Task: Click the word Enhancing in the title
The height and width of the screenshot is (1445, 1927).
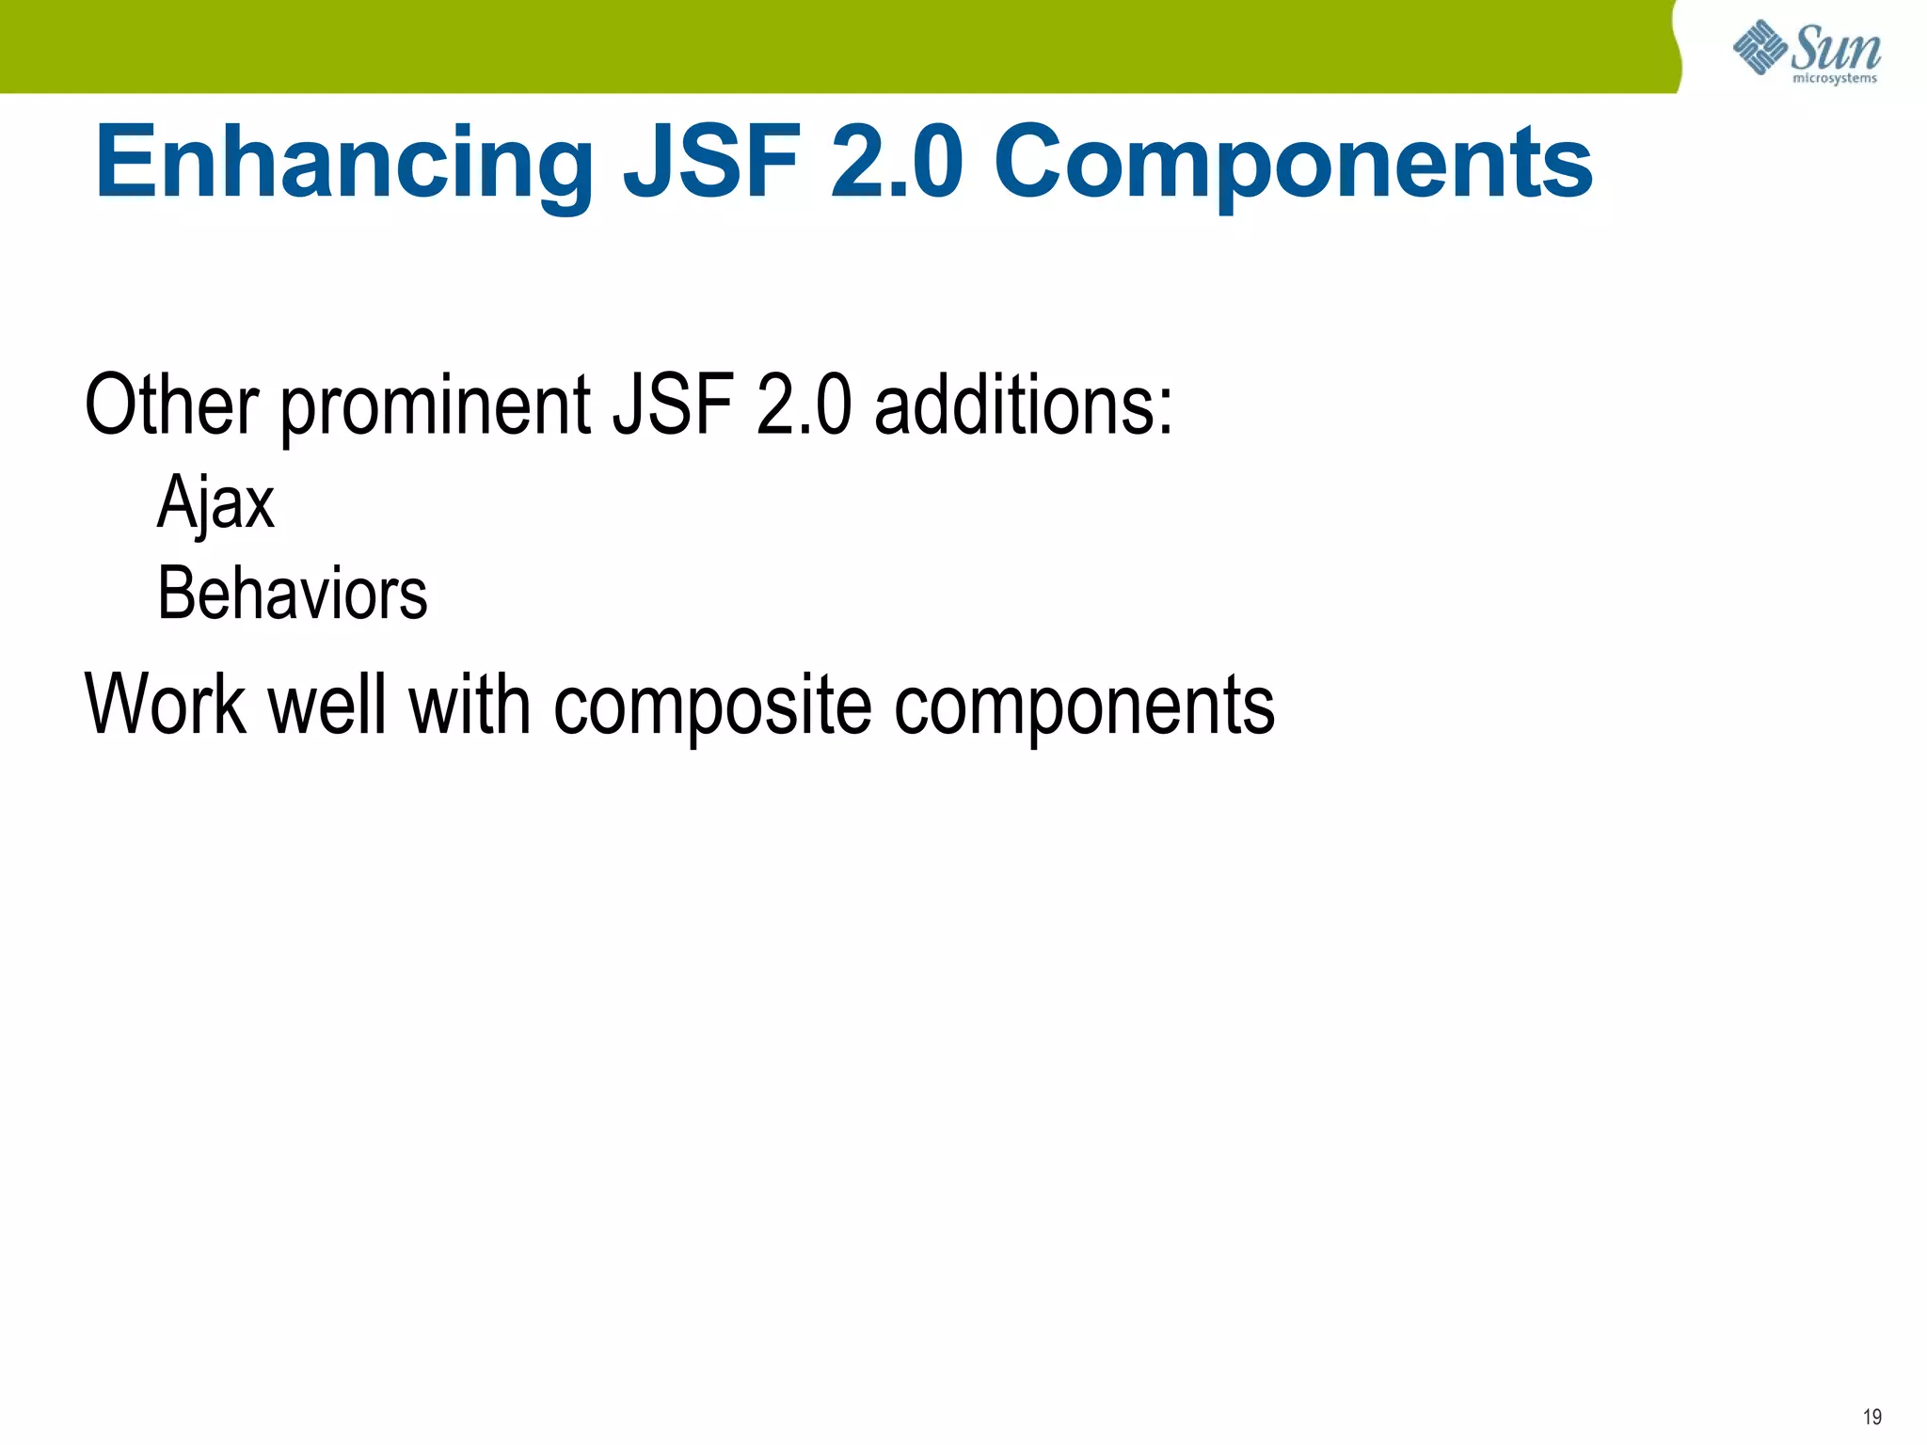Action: (x=343, y=165)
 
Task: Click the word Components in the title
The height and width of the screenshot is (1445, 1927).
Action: (x=1293, y=165)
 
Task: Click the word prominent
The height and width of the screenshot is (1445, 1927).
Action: (x=436, y=406)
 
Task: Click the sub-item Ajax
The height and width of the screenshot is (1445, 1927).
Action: (x=215, y=503)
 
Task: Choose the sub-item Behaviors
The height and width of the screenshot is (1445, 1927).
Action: (x=293, y=594)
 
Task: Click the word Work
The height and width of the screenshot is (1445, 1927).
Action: (x=166, y=705)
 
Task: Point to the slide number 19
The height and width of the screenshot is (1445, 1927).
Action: (x=1871, y=1417)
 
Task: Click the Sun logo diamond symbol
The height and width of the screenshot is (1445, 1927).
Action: (x=1760, y=47)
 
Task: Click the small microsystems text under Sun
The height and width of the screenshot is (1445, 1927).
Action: (x=1835, y=78)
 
